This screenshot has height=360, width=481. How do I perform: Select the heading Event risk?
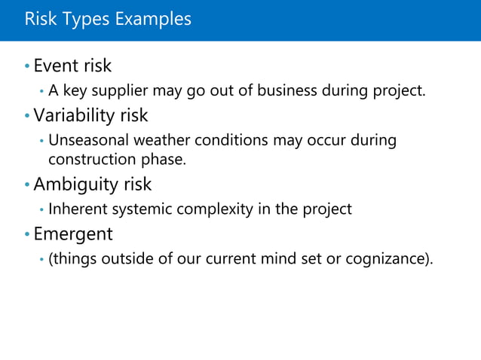pyautogui.click(x=72, y=66)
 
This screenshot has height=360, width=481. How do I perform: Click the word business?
pyautogui.click(x=287, y=92)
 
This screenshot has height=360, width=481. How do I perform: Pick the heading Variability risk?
pyautogui.click(x=90, y=116)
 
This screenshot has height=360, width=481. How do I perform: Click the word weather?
pyautogui.click(x=163, y=141)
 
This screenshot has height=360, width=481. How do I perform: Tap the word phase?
pyautogui.click(x=163, y=159)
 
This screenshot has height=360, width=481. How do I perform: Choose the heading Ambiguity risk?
pyautogui.click(x=92, y=185)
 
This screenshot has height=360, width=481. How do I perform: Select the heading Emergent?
pyautogui.click(x=73, y=234)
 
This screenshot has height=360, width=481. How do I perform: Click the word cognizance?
pyautogui.click(x=388, y=260)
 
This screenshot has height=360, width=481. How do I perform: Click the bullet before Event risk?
pyautogui.click(x=27, y=67)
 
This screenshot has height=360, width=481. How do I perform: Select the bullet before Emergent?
pyautogui.click(x=27, y=235)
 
